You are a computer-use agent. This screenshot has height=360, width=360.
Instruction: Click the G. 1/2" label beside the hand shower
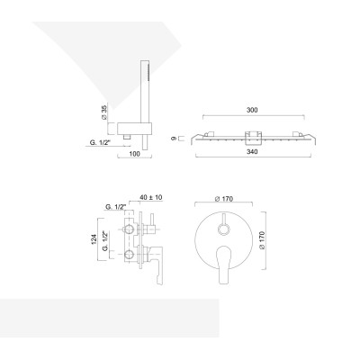pyautogui.click(x=101, y=142)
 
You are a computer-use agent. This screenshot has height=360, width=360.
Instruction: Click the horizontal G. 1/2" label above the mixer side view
pyautogui.click(x=115, y=209)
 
